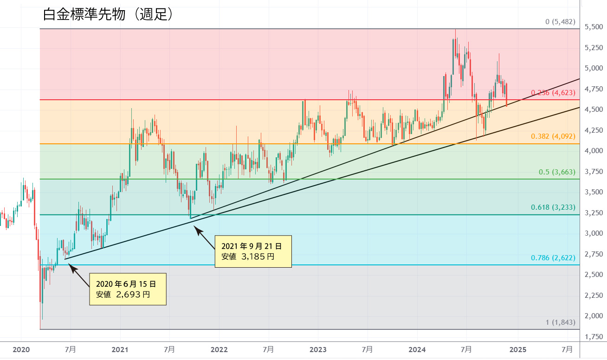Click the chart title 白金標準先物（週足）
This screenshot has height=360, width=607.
(108, 14)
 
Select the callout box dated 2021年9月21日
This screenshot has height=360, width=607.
(253, 251)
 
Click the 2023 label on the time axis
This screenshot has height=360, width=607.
(318, 349)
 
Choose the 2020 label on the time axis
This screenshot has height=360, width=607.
(21, 349)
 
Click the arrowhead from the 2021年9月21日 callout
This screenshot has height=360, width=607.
(195, 227)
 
